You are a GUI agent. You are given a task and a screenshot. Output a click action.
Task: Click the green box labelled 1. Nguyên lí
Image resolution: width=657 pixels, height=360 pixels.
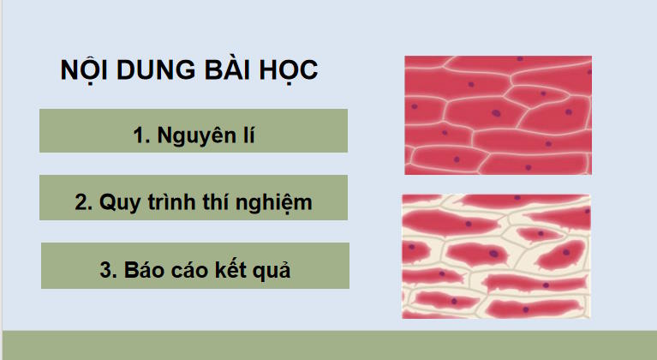pyautogui.click(x=193, y=131)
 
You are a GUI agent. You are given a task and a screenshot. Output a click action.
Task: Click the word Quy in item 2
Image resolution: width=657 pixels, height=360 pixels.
pyautogui.click(x=119, y=203)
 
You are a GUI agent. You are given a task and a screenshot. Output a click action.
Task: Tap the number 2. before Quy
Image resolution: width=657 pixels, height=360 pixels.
pyautogui.click(x=83, y=203)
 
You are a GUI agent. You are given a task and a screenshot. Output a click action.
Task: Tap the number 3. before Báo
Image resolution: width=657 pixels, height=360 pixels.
pyautogui.click(x=107, y=270)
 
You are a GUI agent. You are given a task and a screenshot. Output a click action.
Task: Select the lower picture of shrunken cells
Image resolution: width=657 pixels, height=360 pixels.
pyautogui.click(x=496, y=255)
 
